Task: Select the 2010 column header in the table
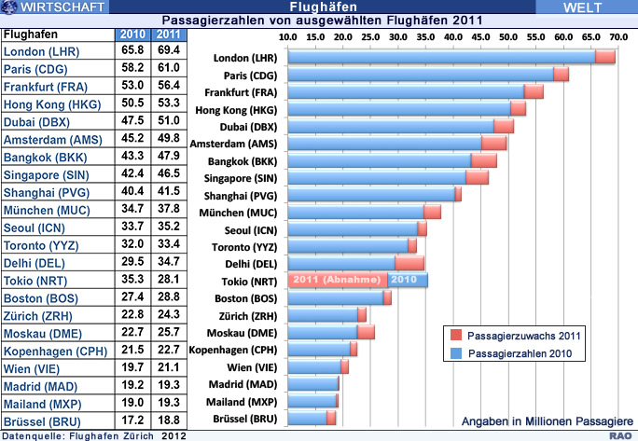click(x=132, y=35)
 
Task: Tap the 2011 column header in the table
click(x=167, y=35)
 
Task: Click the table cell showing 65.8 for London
click(x=132, y=51)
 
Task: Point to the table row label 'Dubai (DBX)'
click(x=38, y=122)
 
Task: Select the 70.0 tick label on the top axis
click(x=617, y=36)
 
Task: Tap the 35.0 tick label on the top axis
click(x=425, y=36)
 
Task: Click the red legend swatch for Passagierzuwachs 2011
click(x=451, y=334)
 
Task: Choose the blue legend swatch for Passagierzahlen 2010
click(x=451, y=353)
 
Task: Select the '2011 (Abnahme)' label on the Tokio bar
click(x=339, y=280)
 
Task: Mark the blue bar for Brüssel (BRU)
click(x=308, y=418)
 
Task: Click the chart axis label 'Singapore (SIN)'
click(x=242, y=178)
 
